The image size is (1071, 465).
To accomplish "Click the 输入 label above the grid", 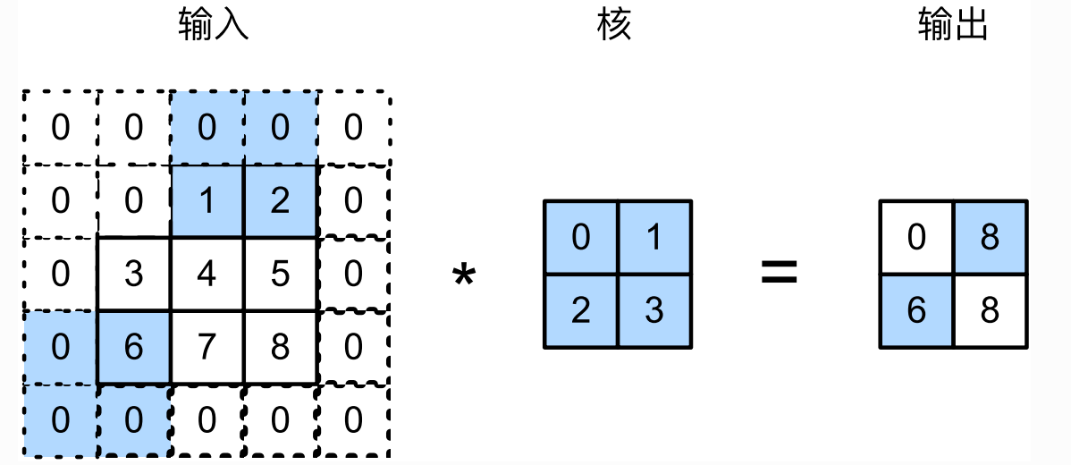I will tap(213, 27).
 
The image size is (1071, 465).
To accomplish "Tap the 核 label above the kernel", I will tap(614, 27).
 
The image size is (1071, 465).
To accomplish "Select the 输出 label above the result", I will tap(953, 27).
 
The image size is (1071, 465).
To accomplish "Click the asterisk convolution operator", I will tap(463, 275).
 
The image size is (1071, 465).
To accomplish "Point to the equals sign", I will tap(779, 273).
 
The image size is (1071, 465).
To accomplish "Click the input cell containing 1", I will tap(207, 201).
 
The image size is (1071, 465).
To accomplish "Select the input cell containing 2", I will tap(280, 201).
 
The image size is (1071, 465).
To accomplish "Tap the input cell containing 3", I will tap(133, 275).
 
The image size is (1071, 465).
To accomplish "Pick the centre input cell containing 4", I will tap(207, 275).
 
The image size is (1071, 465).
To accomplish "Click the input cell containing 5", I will tap(280, 275).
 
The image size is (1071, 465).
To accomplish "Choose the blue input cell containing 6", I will tap(133, 348).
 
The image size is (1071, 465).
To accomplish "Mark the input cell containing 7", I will tap(207, 348).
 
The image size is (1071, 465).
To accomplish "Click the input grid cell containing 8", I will tap(280, 348).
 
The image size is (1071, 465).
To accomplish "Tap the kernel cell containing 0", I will tap(580, 238).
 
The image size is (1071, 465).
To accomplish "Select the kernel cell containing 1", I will tap(654, 238).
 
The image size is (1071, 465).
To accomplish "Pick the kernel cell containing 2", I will tap(580, 311).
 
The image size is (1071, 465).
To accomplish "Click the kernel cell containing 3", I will tap(654, 311).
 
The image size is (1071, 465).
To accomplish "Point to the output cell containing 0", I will tap(916, 238).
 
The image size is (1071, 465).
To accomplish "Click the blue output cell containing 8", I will tap(990, 238).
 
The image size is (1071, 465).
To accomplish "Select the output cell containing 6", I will tap(916, 311).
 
